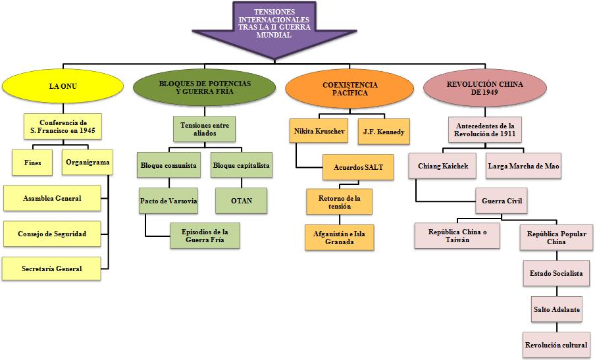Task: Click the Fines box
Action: click(x=32, y=162)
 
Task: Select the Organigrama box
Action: click(x=88, y=162)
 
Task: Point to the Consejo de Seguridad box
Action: click(x=52, y=234)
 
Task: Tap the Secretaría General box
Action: click(x=52, y=269)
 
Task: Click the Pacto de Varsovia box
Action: click(x=169, y=200)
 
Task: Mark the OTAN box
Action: click(x=241, y=200)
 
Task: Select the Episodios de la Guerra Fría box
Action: click(x=205, y=235)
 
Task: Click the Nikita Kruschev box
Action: click(x=318, y=131)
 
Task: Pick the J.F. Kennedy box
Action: click(x=383, y=131)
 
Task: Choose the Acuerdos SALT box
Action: click(x=358, y=167)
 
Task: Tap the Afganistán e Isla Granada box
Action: click(x=338, y=237)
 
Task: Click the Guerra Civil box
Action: click(x=502, y=201)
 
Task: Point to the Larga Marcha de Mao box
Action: click(x=524, y=166)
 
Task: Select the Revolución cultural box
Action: click(x=556, y=344)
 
